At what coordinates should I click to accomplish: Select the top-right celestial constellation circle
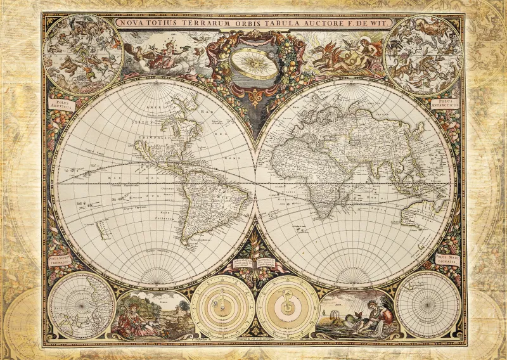[424, 51]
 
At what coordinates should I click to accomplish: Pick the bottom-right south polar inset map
[427, 304]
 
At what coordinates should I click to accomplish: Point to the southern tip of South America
[185, 241]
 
